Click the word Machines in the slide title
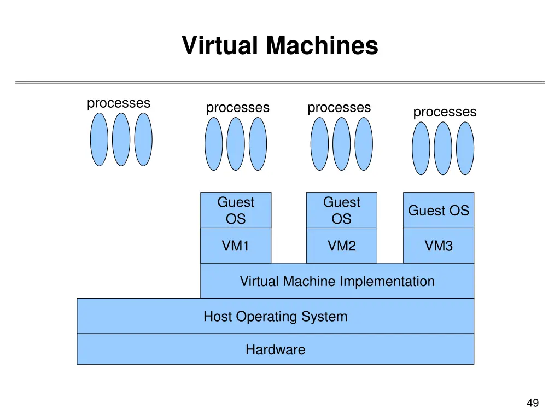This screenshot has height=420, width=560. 322,45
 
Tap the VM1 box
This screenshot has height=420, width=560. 236,246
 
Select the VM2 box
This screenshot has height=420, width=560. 341,246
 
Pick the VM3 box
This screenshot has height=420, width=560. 439,246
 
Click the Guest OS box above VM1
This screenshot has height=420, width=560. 236,211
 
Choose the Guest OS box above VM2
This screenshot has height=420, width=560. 341,211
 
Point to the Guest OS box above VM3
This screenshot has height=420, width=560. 439,211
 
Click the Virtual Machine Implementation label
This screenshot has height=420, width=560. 337,282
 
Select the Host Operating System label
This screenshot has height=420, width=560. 275,317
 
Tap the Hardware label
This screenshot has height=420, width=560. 275,349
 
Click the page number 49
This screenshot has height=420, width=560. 532,404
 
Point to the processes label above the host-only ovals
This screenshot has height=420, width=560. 119,103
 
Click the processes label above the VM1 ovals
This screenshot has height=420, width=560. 237,108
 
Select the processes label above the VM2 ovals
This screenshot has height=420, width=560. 339,108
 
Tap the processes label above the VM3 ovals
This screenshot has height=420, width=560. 445,112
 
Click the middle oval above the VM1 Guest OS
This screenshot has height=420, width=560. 236,144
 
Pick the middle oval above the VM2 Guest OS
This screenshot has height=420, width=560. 341,144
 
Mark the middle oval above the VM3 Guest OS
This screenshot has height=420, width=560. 443,148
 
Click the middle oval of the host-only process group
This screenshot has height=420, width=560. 121,139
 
